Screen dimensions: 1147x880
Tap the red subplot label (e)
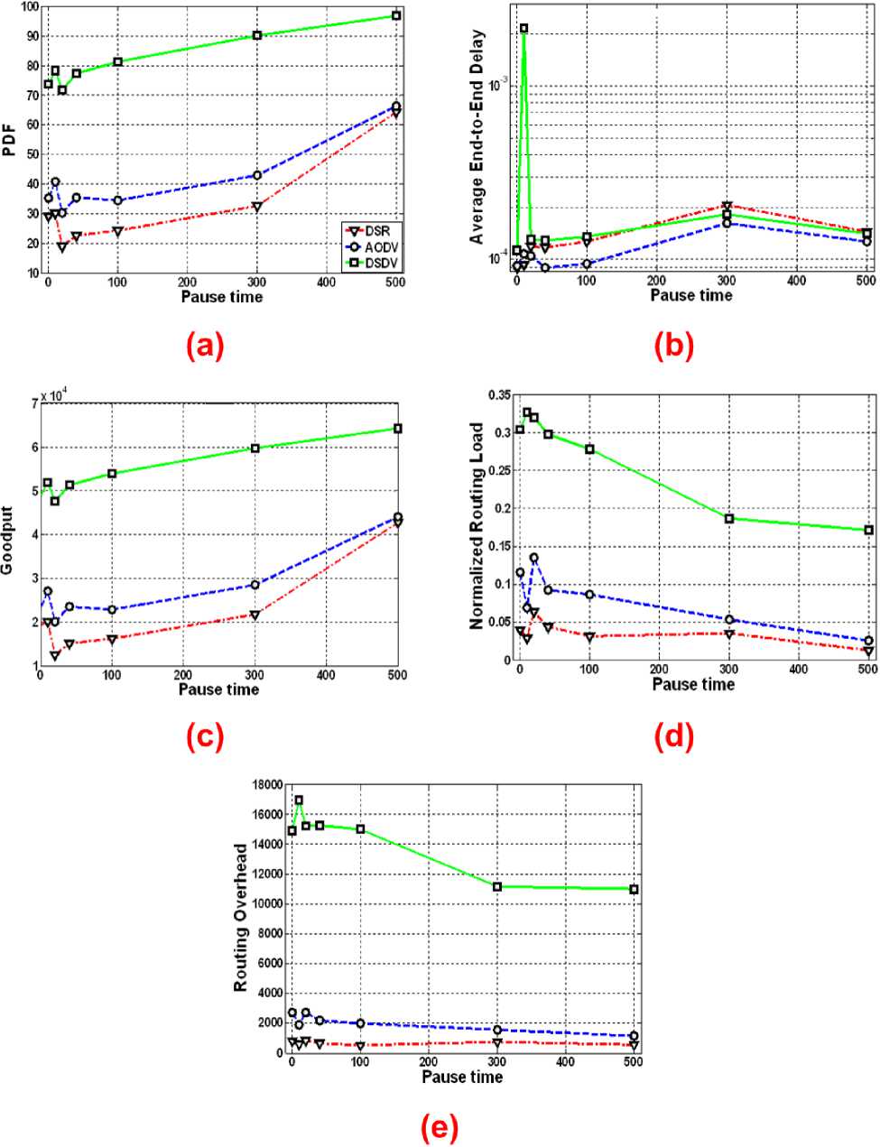pos(440,1126)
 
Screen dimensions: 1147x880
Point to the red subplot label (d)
pos(673,736)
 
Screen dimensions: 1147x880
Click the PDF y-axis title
pos(10,143)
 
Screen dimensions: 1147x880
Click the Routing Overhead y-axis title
pos(241,918)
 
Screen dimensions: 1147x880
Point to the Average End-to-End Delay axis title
pos(477,137)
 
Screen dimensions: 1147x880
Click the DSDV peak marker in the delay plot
pos(523,29)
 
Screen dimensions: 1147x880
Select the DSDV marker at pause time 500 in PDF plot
pos(396,16)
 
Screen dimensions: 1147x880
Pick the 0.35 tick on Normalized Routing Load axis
pos(499,394)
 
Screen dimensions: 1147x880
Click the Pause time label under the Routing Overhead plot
pos(462,1077)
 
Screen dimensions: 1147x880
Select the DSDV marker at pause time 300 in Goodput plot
pos(255,449)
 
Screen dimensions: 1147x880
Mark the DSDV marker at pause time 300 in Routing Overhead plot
pos(497,887)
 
